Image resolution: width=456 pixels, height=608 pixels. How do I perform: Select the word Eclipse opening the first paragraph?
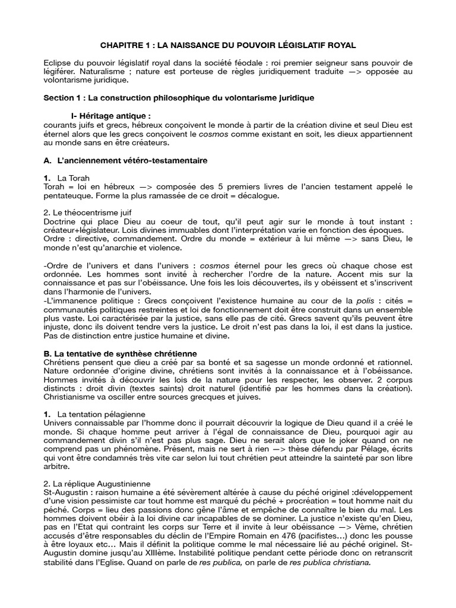point(59,63)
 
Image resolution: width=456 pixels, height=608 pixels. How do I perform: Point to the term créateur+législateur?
point(85,230)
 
